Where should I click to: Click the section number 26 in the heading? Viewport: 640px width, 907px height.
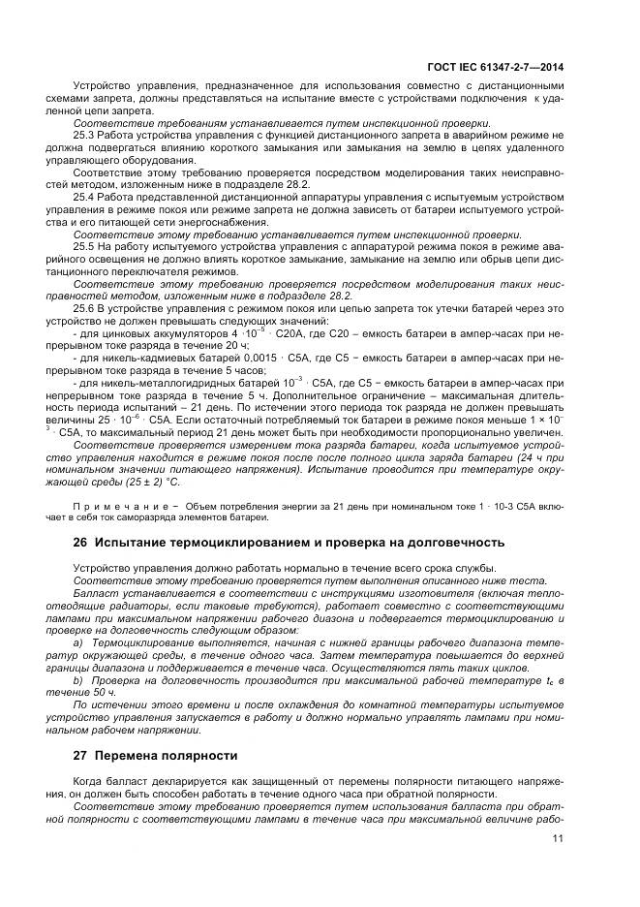click(x=80, y=542)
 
